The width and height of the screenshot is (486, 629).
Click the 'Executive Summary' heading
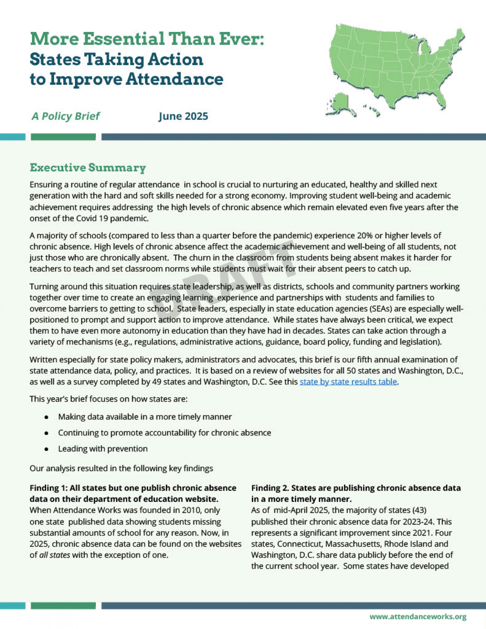[x=88, y=168]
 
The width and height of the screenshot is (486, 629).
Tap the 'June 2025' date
[x=183, y=116]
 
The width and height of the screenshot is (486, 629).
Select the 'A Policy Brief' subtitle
[x=65, y=116]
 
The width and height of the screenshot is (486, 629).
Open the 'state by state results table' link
[x=348, y=382]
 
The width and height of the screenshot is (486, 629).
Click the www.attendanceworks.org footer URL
[x=418, y=617]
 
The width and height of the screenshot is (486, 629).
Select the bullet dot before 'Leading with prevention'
[x=47, y=449]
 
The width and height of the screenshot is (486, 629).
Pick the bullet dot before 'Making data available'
[x=47, y=417]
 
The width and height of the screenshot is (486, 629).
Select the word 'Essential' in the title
[x=123, y=39]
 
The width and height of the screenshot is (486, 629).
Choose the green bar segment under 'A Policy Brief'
[x=63, y=137]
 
